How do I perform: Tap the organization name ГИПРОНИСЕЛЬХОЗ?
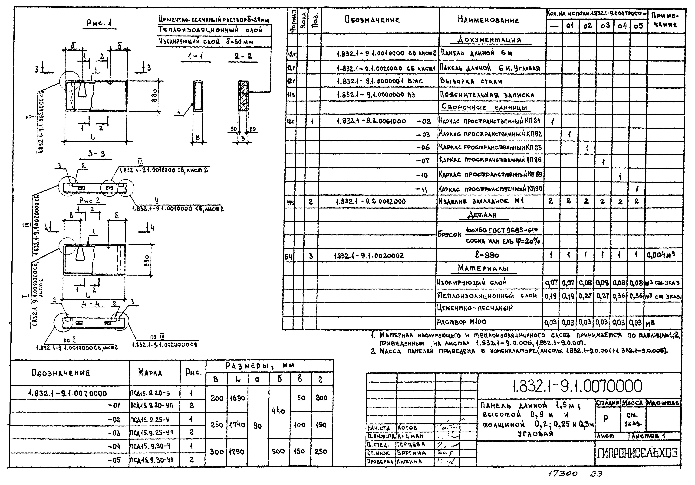point(638,453)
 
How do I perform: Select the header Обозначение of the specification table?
point(372,20)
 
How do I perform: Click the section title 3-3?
point(96,154)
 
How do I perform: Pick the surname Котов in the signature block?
point(407,427)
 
